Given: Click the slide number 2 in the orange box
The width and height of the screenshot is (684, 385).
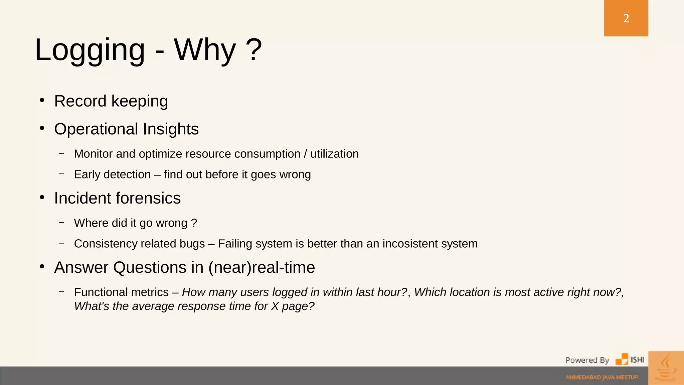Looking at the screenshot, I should tap(626, 18).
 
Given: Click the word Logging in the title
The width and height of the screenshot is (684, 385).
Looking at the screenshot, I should tap(90, 50).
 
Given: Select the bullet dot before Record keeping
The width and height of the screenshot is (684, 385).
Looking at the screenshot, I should tap(42, 100).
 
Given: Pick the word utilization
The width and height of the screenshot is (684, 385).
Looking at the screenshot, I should tap(334, 154).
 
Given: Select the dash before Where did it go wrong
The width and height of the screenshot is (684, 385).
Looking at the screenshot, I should tap(61, 222).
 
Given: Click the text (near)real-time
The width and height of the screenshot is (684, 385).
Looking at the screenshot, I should tap(262, 267).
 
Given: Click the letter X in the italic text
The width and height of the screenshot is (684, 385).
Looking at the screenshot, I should tap(275, 306).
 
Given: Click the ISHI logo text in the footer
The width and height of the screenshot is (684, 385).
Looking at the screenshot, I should tap(637, 360).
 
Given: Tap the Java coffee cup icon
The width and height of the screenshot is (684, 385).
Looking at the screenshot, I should tap(666, 368).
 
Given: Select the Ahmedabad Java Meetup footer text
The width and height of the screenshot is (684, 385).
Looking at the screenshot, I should tap(602, 377).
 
